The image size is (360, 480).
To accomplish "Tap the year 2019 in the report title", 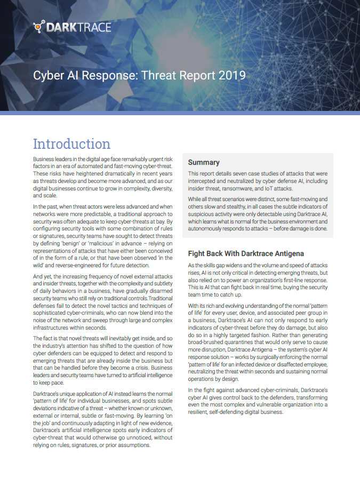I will tap(232, 75).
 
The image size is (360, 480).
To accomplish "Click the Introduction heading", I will tap(71, 143).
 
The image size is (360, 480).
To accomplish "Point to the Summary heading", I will tap(204, 162).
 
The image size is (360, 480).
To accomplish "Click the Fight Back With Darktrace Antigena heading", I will tap(246, 253).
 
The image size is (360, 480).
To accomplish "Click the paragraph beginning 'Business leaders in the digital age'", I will tap(103, 178).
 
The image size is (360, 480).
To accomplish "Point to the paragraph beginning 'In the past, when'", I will tap(103, 235).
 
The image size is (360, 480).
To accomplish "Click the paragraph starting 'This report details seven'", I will tap(258, 181).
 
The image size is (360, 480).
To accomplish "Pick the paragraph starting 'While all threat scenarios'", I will tap(258, 214).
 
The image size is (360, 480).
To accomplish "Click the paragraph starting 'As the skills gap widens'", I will tap(258, 280).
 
